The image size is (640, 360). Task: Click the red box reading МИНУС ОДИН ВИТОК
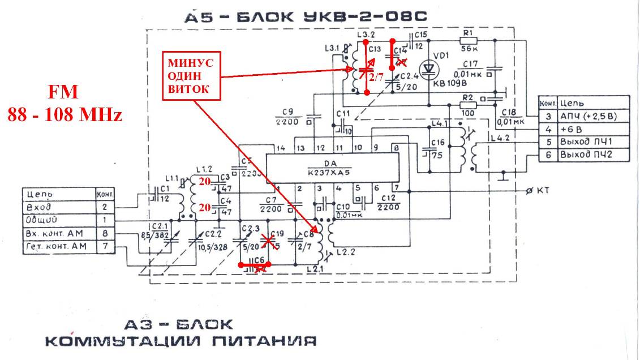192,75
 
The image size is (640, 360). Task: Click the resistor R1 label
467,33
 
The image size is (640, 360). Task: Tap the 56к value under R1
467,49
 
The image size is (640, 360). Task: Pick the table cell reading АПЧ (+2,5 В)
592,117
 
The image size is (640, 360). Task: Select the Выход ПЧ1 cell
586,142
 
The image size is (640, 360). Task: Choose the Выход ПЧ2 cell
586,154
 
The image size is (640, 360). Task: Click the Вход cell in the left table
41,207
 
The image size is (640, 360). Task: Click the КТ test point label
543,190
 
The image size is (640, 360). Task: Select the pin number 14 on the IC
279,148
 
